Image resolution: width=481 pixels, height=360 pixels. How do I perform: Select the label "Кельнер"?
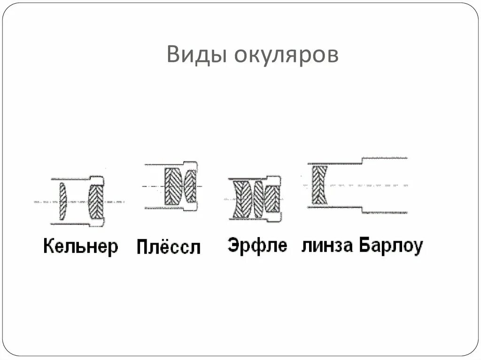81,246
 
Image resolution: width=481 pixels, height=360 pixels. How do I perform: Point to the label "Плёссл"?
169,247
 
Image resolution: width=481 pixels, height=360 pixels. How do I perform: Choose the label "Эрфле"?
257,245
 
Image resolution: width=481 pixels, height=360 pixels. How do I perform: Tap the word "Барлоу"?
391,245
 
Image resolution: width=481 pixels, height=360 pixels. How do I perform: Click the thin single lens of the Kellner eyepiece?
62,202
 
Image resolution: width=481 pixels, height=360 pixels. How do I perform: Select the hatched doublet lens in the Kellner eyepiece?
96,202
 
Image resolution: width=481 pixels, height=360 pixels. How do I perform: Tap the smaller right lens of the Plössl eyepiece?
190,186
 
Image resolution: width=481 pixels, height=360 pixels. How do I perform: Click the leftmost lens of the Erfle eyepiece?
242,199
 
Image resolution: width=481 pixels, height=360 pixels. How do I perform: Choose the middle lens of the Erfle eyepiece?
258,199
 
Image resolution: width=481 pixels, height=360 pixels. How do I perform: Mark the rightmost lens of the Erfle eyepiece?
272,199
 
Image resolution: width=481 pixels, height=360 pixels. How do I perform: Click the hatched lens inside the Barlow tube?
320,184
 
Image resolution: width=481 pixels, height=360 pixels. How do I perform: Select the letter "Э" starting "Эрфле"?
233,245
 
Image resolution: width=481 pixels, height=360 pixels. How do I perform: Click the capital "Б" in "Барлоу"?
365,245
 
